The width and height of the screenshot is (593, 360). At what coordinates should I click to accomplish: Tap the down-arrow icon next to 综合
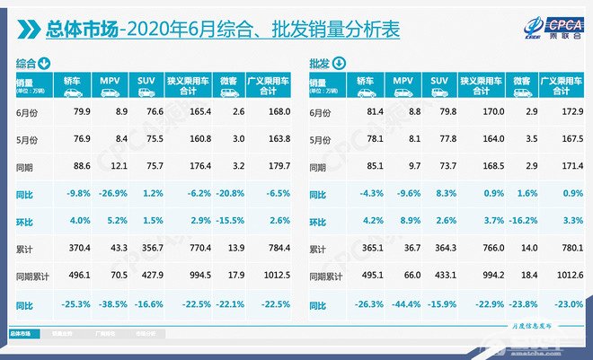[x=44, y=63]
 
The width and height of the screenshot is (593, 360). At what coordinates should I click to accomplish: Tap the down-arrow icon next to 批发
[x=339, y=63]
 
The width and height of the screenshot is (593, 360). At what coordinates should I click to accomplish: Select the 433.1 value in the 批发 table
[x=440, y=277]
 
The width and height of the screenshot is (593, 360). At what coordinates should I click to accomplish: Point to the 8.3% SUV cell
[x=440, y=193]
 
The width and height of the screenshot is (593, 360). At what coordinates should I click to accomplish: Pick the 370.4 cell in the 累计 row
[x=68, y=249]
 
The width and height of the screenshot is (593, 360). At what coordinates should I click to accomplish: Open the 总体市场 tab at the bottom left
[x=20, y=334]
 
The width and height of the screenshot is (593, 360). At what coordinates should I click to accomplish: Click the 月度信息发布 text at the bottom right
[x=530, y=329]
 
